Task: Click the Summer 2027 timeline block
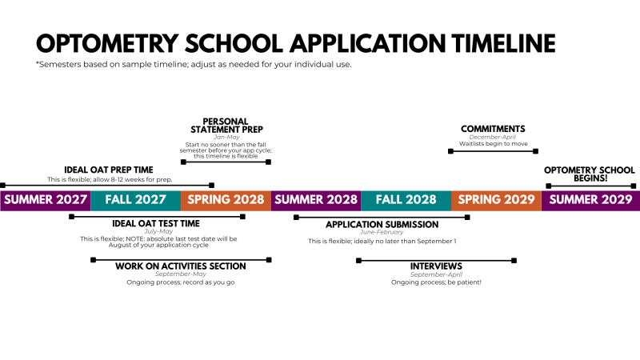click(x=45, y=200)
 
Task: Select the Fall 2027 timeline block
click(x=135, y=200)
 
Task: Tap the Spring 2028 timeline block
click(x=226, y=200)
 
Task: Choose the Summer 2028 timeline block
click(x=316, y=200)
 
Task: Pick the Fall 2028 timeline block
click(x=406, y=200)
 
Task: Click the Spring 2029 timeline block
click(x=496, y=200)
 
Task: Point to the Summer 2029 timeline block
click(x=590, y=200)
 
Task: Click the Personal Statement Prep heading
click(x=226, y=126)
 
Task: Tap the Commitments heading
click(x=493, y=129)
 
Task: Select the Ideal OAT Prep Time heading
click(x=109, y=170)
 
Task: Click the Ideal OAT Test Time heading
click(x=156, y=223)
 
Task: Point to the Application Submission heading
click(x=382, y=225)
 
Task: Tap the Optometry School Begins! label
click(x=590, y=174)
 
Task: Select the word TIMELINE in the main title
click(x=490, y=42)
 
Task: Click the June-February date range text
click(x=382, y=233)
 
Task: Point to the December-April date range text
click(x=493, y=137)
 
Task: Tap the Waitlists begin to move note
click(x=493, y=144)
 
